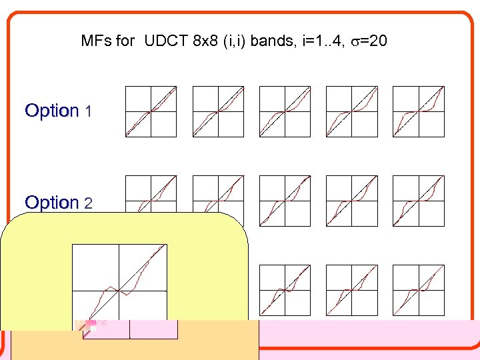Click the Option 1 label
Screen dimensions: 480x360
(x=58, y=111)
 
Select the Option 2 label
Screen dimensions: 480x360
(x=58, y=202)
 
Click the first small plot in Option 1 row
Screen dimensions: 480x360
(x=151, y=111)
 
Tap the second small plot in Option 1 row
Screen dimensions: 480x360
(x=218, y=111)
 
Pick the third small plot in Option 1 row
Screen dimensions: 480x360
(x=285, y=111)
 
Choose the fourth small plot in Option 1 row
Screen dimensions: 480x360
(x=351, y=111)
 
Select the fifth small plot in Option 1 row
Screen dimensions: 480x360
(x=418, y=111)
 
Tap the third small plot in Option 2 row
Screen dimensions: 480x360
(x=285, y=201)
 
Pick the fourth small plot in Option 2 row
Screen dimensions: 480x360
(x=351, y=201)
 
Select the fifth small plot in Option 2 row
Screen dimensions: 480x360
(x=418, y=201)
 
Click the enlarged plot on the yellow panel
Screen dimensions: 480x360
(x=119, y=291)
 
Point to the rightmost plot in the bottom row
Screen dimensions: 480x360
(x=418, y=290)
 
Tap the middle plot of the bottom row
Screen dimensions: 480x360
(x=351, y=290)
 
